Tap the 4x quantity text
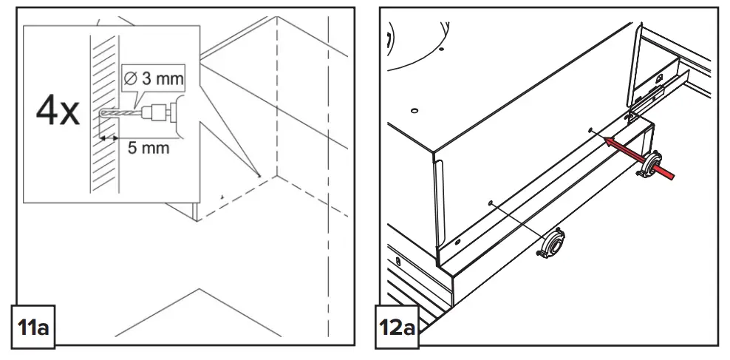[58, 112]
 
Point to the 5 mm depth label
[148, 147]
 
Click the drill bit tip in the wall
[99, 115]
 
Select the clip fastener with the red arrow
[651, 165]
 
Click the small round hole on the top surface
[415, 111]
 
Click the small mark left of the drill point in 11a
[222, 197]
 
